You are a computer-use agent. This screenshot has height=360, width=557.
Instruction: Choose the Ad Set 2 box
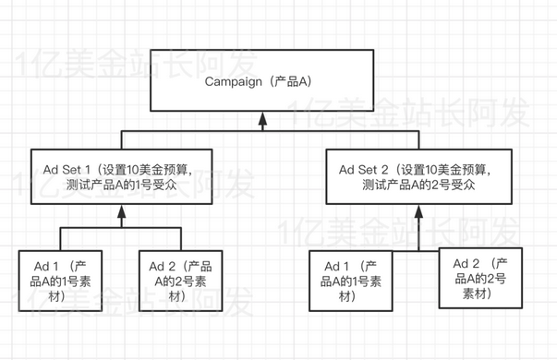coord(421,177)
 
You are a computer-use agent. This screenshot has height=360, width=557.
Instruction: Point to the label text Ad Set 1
coord(69,169)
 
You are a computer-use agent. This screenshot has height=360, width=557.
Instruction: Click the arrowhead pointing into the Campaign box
coord(263,120)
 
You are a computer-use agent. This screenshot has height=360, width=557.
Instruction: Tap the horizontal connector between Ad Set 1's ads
coord(120,227)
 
